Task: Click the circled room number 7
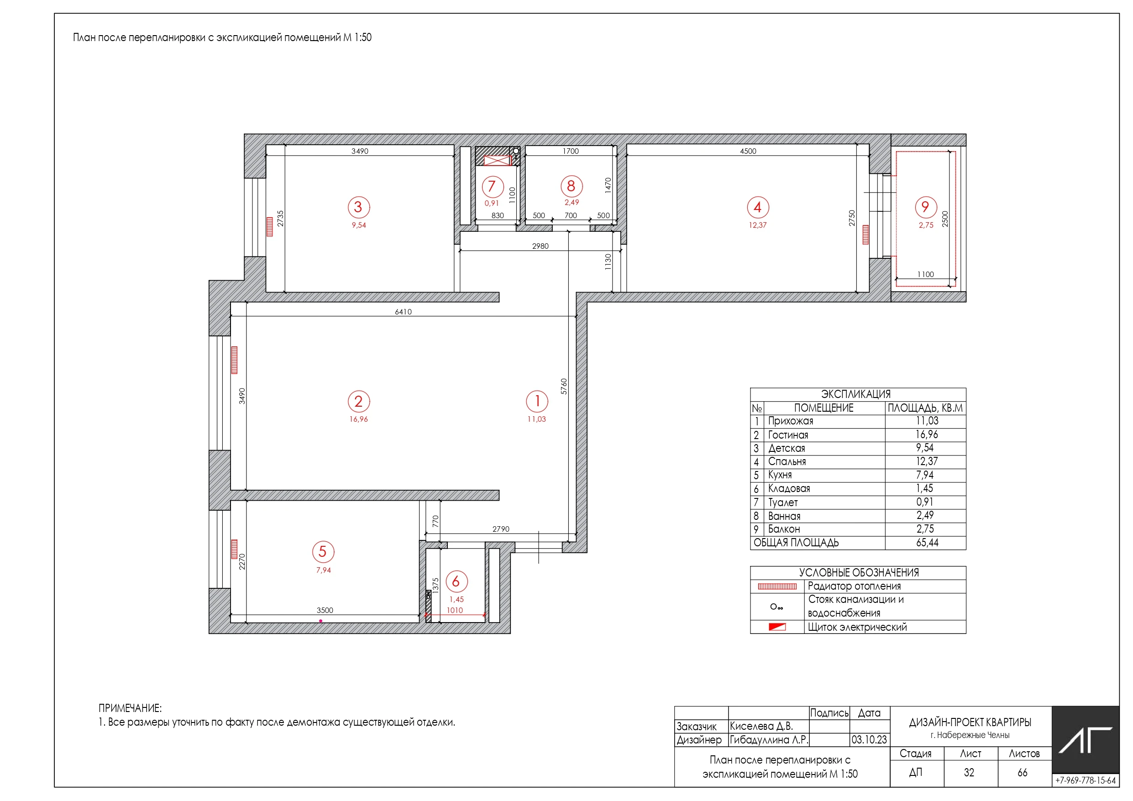tap(492, 187)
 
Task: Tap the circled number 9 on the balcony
tap(925, 207)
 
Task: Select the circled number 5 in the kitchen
tap(323, 552)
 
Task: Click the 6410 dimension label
tap(403, 312)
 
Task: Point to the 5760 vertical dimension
tap(564, 386)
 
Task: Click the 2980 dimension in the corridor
tap(540, 246)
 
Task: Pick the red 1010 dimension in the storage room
tap(455, 611)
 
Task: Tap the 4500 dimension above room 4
tap(748, 151)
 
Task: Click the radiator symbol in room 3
tap(269, 227)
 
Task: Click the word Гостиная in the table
tap(788, 435)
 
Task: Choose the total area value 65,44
tap(927, 543)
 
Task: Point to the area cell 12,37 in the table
tap(927, 461)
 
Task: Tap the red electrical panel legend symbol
tap(777, 627)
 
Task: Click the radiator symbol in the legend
tap(777, 586)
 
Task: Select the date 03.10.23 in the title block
tap(869, 740)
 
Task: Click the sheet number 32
tap(969, 772)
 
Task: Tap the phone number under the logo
tap(1086, 780)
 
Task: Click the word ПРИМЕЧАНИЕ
tap(130, 708)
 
